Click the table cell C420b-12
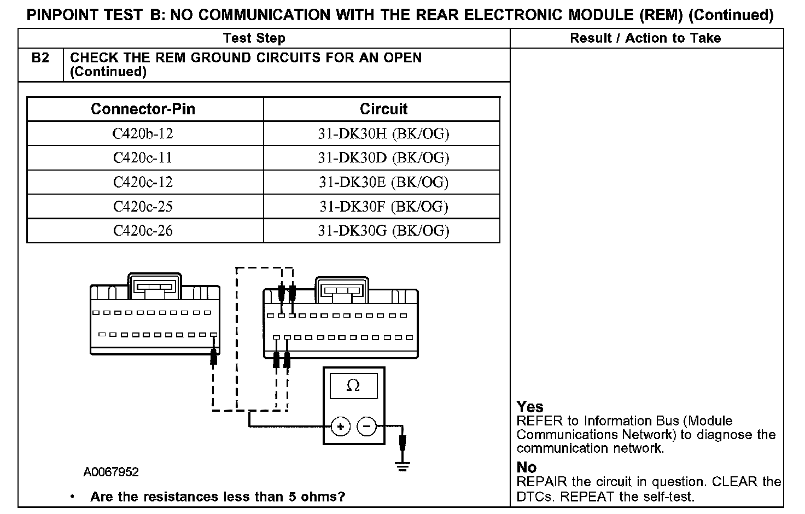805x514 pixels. pos(143,133)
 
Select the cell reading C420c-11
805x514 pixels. pos(143,157)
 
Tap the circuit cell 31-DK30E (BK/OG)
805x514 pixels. pos(383,182)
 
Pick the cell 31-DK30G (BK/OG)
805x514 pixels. pos(383,230)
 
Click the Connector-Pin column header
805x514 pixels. pos(143,109)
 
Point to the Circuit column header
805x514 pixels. pos(383,109)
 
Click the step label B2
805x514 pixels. pos(40,58)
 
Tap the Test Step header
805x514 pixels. pos(254,38)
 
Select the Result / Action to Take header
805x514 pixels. pos(645,38)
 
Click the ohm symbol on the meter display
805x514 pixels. pos(353,386)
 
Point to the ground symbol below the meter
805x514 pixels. pos(403,466)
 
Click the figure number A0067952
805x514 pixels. pos(111,472)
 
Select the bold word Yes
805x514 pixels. pos(530,407)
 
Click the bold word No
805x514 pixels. pos(527,468)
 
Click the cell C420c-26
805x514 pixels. pos(143,230)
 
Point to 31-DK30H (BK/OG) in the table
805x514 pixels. pos(383,133)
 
